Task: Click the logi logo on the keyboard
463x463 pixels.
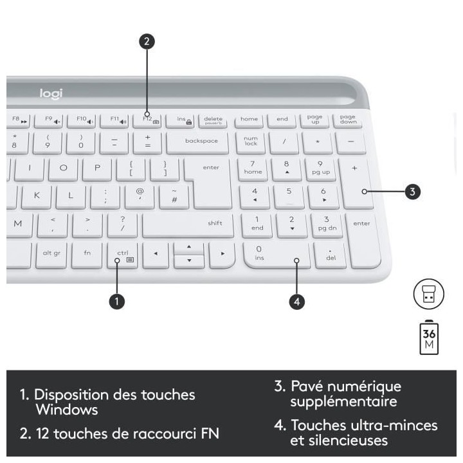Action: click(x=51, y=94)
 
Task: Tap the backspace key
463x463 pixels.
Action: click(x=201, y=141)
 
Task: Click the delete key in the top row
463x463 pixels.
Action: click(x=213, y=120)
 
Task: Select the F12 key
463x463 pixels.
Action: click(x=147, y=120)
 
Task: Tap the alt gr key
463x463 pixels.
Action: click(x=51, y=254)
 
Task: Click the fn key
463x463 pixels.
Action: click(x=87, y=254)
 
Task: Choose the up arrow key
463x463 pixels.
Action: click(x=189, y=247)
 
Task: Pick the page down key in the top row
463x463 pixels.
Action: click(x=348, y=120)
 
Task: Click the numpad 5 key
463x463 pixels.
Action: click(x=289, y=194)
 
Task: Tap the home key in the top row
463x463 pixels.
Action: click(x=249, y=120)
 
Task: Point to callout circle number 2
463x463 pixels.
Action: click(x=147, y=42)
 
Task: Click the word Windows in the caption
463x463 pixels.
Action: click(x=67, y=410)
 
